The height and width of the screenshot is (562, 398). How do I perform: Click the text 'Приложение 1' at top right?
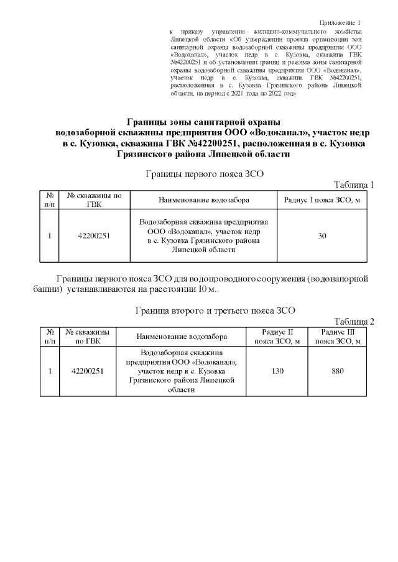pos(343,22)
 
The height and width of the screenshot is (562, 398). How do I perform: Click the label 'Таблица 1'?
pos(354,185)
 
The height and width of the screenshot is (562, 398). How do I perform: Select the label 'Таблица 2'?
pos(354,321)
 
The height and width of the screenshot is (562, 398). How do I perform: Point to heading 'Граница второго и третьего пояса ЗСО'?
pos(215,310)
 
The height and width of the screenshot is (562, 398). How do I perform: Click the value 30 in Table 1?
pos(322,236)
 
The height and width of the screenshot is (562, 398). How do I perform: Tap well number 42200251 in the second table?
pos(88,371)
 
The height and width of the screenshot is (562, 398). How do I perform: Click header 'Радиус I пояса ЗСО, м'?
pos(322,201)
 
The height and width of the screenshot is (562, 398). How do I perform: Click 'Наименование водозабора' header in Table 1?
pos(203,201)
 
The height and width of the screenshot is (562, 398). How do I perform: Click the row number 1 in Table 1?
pos(49,236)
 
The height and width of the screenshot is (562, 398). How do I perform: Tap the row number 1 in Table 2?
pos(49,371)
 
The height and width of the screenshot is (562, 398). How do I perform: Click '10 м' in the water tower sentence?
pos(206,290)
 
